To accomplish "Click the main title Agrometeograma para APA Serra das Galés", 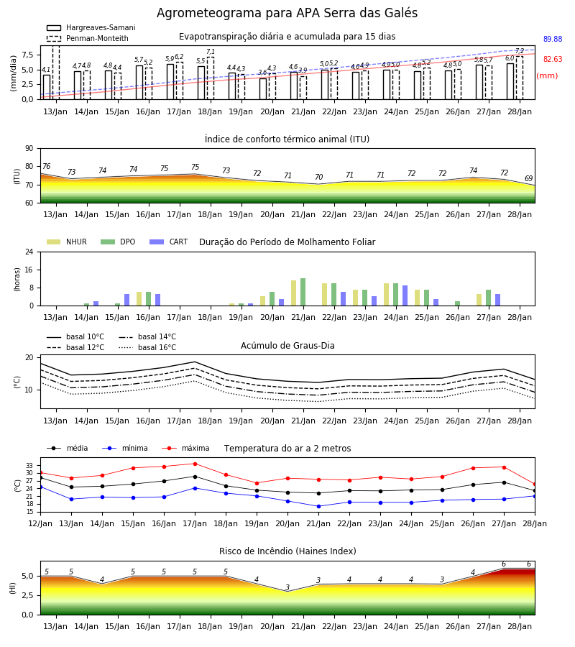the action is tap(287, 13).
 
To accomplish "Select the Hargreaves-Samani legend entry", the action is tap(91, 27).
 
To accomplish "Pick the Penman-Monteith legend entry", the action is tap(88, 38).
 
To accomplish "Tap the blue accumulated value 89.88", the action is tap(553, 40).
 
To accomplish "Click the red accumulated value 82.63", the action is tap(553, 59).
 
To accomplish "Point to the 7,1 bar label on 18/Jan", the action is tap(211, 52).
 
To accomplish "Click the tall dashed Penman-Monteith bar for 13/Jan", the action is tap(56, 73).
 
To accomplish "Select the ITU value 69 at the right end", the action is tap(529, 178).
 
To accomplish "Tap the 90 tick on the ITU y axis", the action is tap(29, 149).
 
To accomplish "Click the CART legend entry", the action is tap(169, 242).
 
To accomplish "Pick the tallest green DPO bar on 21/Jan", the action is tap(303, 292).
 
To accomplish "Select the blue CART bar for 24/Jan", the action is tap(405, 295).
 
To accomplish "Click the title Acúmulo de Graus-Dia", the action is tap(287, 346).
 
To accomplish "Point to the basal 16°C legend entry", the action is tap(147, 347).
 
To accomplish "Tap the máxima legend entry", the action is tap(185, 448).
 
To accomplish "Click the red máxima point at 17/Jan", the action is tap(195, 464).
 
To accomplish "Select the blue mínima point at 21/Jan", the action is tap(319, 506).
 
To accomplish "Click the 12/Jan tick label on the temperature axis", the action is tap(40, 523).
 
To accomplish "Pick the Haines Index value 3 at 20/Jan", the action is tap(287, 587).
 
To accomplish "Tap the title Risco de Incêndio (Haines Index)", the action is tap(287, 551).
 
